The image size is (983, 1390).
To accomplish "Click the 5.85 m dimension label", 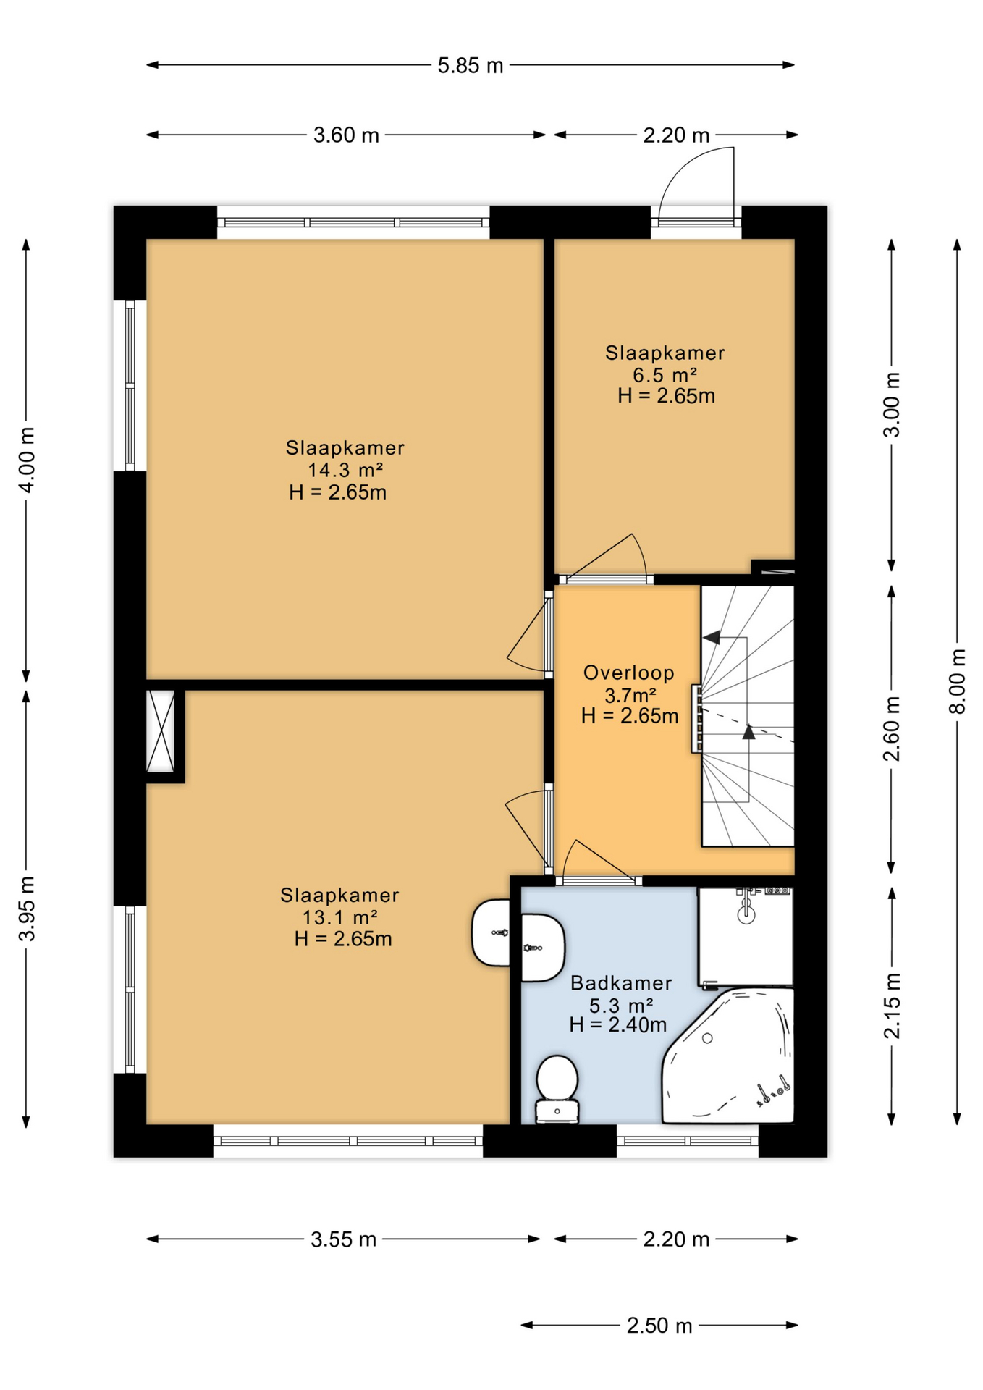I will coord(470,66).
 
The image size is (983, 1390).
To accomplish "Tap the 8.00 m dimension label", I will coord(957,681).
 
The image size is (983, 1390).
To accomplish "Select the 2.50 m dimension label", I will coord(659,1326).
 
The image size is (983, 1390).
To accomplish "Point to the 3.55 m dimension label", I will coord(343,1239).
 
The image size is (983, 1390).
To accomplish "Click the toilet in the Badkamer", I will coord(557,1088).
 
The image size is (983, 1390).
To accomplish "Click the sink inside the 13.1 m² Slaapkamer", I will coord(492,932).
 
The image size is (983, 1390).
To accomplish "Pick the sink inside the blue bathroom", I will coord(541,947).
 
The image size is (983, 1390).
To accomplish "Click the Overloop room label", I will coord(628,673).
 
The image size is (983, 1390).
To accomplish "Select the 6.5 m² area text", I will coord(665,375).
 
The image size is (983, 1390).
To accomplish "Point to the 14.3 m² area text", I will coord(345,470).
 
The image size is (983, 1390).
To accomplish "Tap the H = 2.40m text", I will coord(617,1024).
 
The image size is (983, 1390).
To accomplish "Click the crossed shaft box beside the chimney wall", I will coord(161,730).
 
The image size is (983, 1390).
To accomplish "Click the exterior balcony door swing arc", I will coord(691,177).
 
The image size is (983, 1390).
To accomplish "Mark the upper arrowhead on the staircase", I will coord(712,637).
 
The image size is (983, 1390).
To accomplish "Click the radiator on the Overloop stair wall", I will coord(696,718).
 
